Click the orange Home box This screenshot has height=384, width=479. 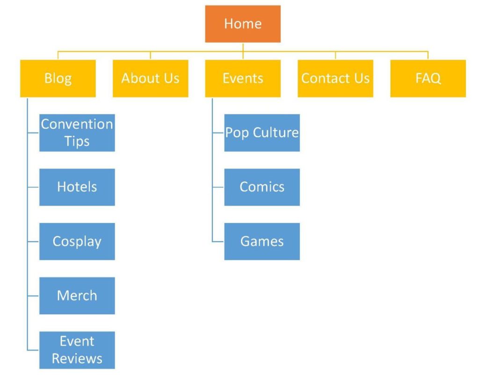point(243,24)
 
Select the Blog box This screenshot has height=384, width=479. point(58,79)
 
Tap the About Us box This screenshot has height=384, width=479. point(150,79)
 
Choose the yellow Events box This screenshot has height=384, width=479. point(243,79)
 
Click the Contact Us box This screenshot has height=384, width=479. point(335,79)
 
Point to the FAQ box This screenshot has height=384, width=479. point(428,79)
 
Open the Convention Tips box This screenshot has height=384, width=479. point(77,133)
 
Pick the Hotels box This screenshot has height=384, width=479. point(77,187)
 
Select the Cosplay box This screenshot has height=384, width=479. point(77,242)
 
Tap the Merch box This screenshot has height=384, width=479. point(77,295)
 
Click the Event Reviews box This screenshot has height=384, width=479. point(77,350)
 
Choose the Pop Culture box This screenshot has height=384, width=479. point(262,133)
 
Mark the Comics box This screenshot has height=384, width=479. point(262,187)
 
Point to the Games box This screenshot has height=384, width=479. point(262,242)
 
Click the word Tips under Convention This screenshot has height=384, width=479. point(77,141)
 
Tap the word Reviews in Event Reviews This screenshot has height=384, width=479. point(77,359)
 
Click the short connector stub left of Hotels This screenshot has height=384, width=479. point(33,187)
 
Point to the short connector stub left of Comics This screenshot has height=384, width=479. point(218,187)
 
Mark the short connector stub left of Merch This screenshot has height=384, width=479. point(33,295)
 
